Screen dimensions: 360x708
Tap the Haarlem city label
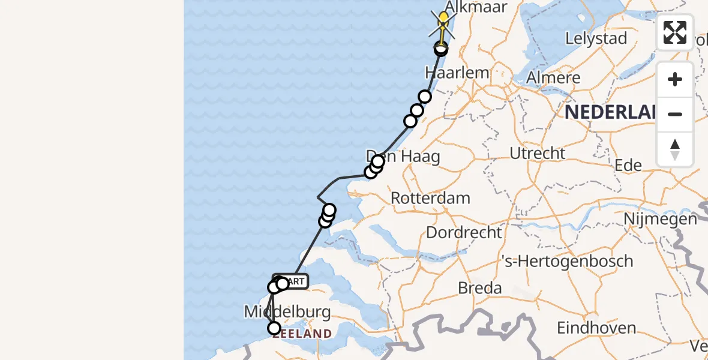coord(457,73)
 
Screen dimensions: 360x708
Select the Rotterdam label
coord(430,198)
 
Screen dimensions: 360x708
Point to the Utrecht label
coord(537,154)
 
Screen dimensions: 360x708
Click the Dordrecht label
coord(464,232)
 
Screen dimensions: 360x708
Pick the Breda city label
coord(479,288)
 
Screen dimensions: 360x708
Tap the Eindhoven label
coord(596,328)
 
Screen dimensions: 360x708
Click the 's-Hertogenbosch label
coord(568,261)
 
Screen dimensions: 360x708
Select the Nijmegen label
coord(660,219)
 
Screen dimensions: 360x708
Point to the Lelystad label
coord(596,39)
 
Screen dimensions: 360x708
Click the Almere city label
coord(553,78)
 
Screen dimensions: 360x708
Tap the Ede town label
coord(628,166)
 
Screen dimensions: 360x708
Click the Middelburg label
coord(287,312)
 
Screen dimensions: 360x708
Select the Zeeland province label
coord(302,334)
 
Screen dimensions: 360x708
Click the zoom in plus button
coord(675,80)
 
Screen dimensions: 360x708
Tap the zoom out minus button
coord(675,114)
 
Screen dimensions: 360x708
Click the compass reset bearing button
coord(675,149)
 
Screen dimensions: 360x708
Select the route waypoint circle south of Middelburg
coord(274,328)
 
